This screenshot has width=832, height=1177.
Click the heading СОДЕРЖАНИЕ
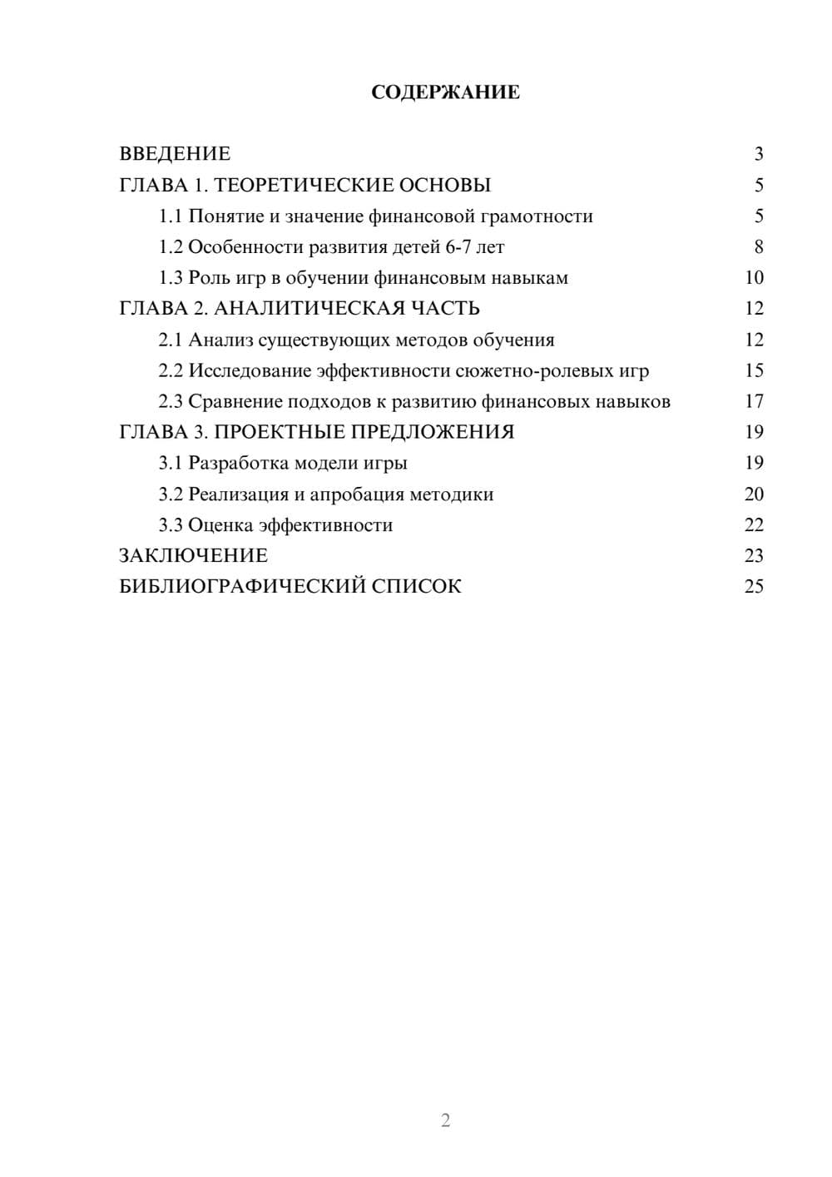(445, 92)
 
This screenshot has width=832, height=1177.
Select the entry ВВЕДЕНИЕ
(175, 154)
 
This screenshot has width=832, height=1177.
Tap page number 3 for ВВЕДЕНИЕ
(758, 154)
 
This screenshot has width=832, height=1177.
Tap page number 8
(758, 247)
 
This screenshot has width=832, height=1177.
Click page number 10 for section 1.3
(754, 278)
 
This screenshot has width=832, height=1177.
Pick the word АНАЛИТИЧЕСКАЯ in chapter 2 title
(308, 309)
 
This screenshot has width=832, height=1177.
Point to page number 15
(754, 370)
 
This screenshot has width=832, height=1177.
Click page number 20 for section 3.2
(754, 494)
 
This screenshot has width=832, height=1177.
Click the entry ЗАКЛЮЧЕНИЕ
(193, 556)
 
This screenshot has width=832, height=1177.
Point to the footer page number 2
(445, 1120)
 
